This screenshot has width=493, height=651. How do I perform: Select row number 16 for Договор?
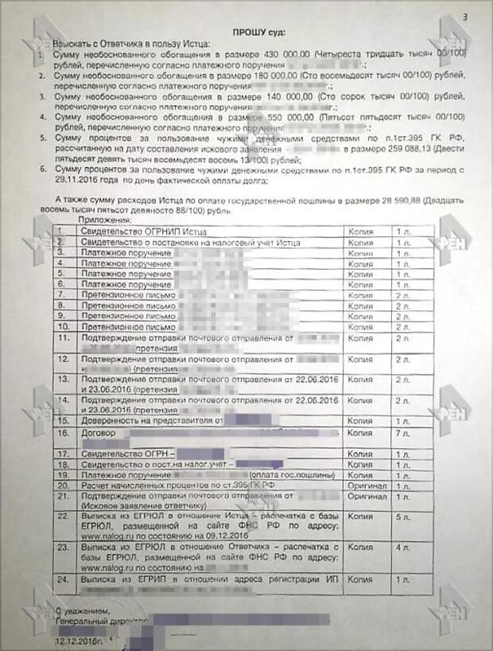64,434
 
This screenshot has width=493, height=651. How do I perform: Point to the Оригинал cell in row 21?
367,496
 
